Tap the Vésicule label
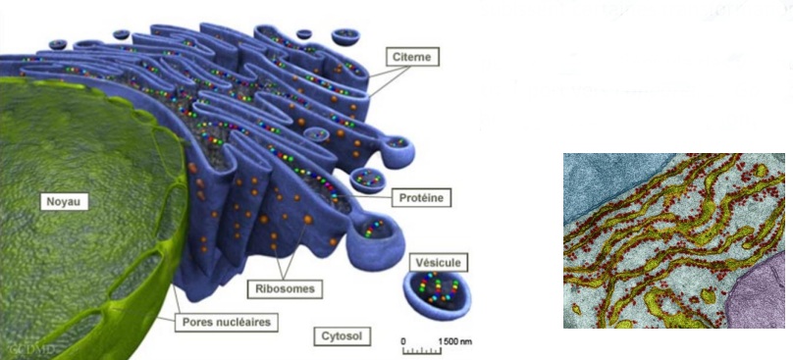(x=438, y=262)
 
